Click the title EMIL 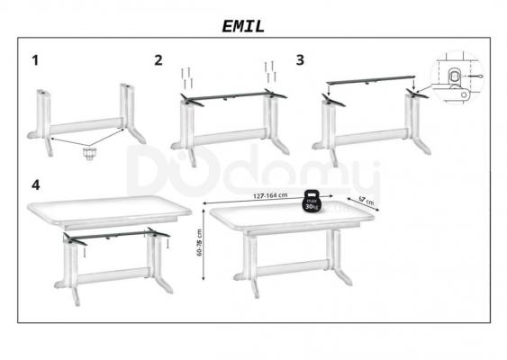[x=243, y=26]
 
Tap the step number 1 [x=35, y=60]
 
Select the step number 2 [x=158, y=60]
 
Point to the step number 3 [x=300, y=60]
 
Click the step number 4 [x=35, y=185]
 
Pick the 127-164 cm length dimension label [x=270, y=195]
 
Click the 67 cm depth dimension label [x=367, y=201]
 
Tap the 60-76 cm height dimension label [x=199, y=243]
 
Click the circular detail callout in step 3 [x=457, y=76]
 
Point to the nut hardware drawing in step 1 [x=88, y=154]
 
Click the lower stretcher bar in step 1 [x=86, y=126]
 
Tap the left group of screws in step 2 [x=186, y=78]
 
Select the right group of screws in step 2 [x=270, y=72]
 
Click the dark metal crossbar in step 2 [x=233, y=95]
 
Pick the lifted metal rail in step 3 [x=370, y=79]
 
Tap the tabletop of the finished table [x=292, y=218]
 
